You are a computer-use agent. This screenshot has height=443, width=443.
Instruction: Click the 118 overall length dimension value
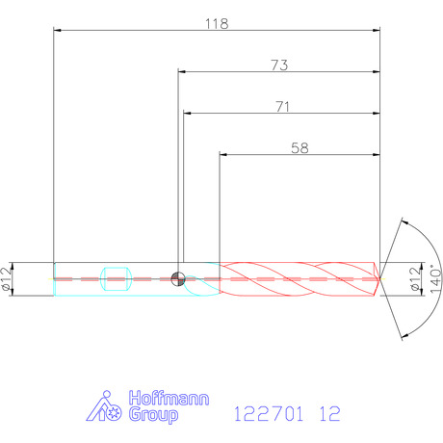[x=217, y=24]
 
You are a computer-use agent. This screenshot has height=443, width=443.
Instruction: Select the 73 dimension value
[x=279, y=65]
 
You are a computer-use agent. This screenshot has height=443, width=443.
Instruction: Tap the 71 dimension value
[x=283, y=107]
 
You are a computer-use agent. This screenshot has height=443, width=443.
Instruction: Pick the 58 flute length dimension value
[x=300, y=148]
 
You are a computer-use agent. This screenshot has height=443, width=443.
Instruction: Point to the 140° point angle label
[x=435, y=278]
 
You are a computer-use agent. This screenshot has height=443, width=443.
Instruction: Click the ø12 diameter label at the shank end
[x=7, y=278]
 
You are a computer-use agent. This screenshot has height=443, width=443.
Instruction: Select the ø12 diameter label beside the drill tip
[x=415, y=278]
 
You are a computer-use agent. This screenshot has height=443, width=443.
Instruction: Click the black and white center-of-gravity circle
[x=178, y=278]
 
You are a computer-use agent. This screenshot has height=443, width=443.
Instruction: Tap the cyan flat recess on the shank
[x=116, y=278]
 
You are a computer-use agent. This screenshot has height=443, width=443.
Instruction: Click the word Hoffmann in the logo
[x=169, y=399]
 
